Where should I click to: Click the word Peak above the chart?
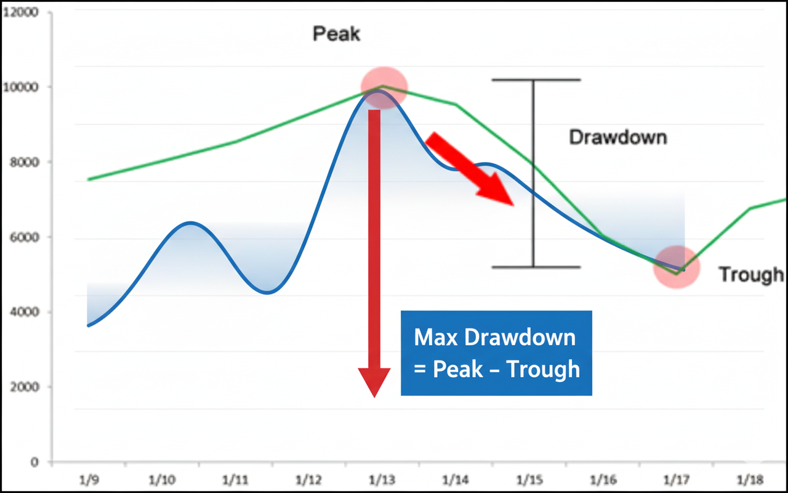click(336, 33)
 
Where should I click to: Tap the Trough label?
click(751, 274)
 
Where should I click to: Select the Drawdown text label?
click(617, 137)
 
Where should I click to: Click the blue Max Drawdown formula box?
click(496, 352)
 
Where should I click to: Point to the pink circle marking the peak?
click(384, 87)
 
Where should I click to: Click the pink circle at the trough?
click(677, 267)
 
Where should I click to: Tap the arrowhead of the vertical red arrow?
click(374, 381)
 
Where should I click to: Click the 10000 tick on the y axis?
click(23, 87)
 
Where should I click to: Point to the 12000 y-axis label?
click(23, 12)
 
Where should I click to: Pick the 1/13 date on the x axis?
click(382, 479)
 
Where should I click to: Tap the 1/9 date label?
click(90, 479)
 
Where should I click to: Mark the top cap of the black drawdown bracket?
click(536, 79)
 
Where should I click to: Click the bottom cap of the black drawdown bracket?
click(536, 267)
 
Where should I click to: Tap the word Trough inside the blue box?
click(543, 369)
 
